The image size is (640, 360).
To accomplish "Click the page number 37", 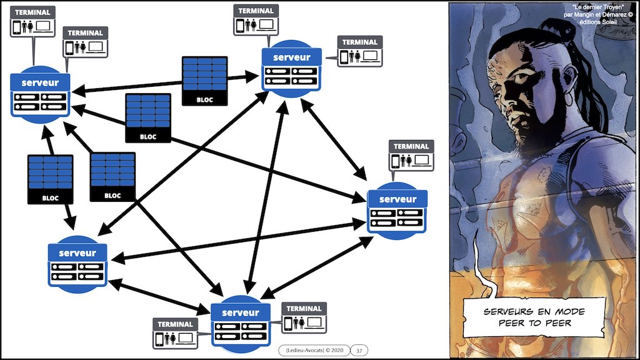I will click(359, 351).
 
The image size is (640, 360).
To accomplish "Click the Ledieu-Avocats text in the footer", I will click(304, 351).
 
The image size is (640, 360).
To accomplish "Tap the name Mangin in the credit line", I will click(581, 14).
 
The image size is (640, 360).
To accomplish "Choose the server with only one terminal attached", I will click(397, 210).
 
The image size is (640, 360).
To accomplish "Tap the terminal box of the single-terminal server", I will click(411, 154).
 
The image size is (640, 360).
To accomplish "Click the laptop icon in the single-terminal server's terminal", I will click(422, 160).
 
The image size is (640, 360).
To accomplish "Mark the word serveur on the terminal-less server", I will click(77, 253).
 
